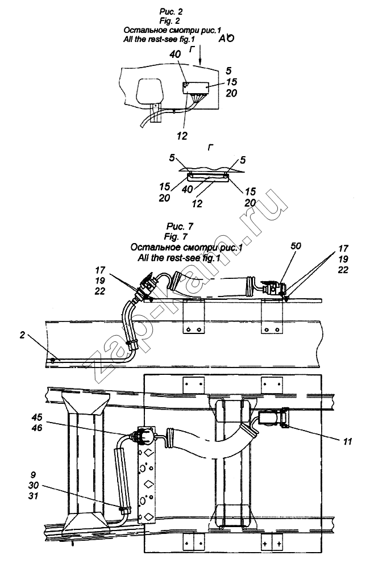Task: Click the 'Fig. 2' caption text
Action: [169, 21]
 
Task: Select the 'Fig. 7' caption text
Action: [176, 237]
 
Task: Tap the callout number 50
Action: [296, 246]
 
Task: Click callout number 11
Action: [347, 441]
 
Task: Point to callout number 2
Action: [23, 335]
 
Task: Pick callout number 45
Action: [36, 417]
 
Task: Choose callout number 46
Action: [36, 428]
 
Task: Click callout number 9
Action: [34, 474]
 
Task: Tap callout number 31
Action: [34, 495]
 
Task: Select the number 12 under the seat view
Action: [182, 136]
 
